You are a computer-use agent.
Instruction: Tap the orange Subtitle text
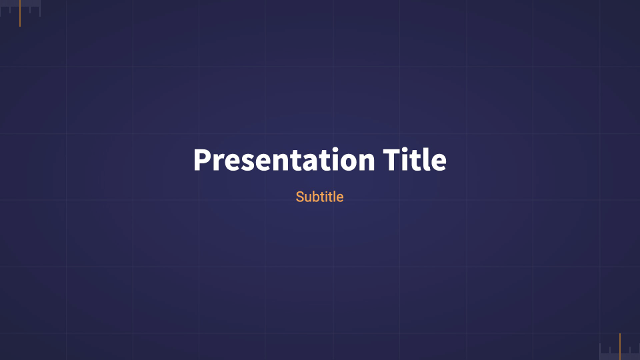tap(319, 197)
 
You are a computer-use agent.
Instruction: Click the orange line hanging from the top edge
tap(20, 13)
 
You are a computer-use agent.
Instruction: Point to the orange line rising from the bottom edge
tap(620, 347)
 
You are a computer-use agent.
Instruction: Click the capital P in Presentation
tap(202, 161)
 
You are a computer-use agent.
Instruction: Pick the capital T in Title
tap(393, 161)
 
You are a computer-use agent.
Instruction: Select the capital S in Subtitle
tap(300, 197)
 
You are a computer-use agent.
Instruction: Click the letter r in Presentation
tap(217, 163)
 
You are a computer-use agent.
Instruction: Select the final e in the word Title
tap(439, 163)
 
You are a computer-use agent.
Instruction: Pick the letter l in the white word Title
tap(427, 160)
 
